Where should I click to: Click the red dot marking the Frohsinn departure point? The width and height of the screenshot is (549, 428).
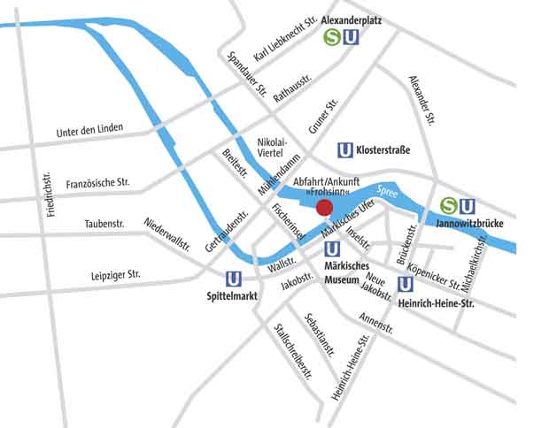(x=324, y=208)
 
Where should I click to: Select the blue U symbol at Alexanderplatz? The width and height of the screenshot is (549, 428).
(x=352, y=37)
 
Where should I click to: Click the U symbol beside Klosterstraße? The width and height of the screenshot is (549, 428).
(x=346, y=150)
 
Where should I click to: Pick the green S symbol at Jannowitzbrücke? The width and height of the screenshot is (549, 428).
(x=449, y=206)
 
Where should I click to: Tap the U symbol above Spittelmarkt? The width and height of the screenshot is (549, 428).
(x=235, y=278)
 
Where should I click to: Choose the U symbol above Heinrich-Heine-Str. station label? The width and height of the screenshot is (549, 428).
(x=406, y=285)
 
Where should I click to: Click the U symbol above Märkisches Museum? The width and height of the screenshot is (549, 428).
(x=334, y=249)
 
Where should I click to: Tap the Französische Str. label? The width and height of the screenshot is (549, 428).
(x=97, y=184)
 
